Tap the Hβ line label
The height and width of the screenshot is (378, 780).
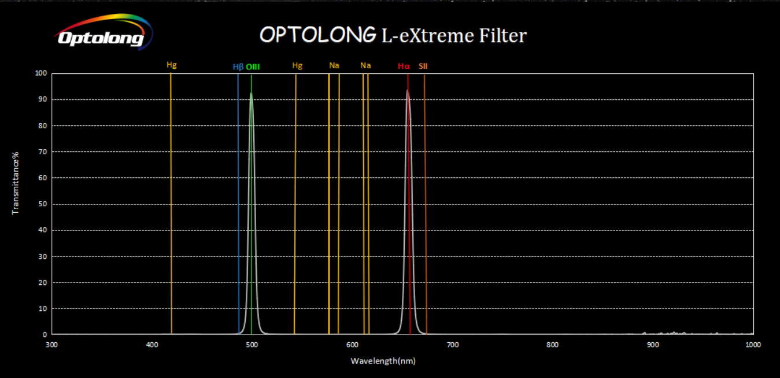238,66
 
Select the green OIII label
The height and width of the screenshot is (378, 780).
253,66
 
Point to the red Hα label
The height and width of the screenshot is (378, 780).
404,66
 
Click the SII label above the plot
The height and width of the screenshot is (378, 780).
423,66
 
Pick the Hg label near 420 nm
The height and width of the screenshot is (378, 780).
171,65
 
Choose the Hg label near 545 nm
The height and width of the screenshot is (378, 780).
297,65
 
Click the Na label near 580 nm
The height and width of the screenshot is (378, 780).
334,65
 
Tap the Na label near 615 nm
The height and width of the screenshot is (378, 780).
365,65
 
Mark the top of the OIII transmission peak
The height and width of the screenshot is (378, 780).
251,94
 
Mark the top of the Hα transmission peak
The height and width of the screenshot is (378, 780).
408,90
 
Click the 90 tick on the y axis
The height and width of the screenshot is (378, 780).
42,99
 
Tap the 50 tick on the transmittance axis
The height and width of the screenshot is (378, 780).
42,204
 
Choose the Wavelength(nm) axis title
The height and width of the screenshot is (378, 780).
383,361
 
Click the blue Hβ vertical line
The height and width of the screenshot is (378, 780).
238,202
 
